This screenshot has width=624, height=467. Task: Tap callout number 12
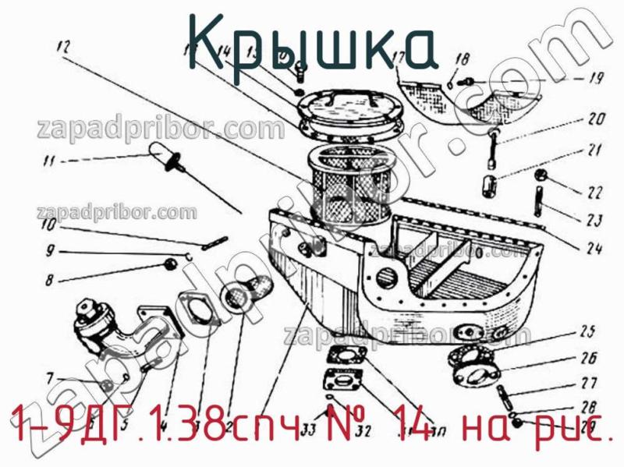point(63,45)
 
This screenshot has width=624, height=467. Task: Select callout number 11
point(49,162)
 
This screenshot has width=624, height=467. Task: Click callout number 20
point(596,120)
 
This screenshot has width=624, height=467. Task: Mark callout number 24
point(594,249)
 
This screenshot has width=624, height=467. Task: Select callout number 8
point(50,279)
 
